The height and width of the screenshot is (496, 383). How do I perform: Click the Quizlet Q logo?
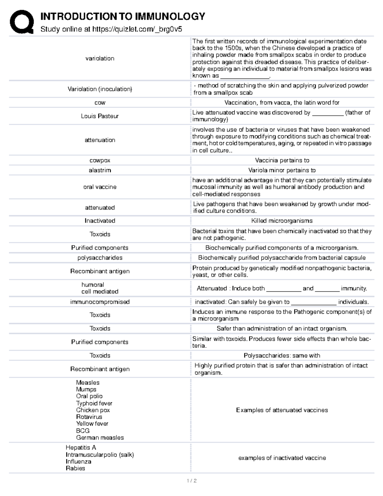tap(21, 21)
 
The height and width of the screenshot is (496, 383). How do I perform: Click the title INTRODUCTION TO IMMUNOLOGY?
tap(123, 16)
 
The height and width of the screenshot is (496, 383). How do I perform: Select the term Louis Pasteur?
tap(100, 116)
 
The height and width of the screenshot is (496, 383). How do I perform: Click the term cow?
tap(100, 103)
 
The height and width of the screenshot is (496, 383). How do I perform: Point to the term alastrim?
tap(100, 170)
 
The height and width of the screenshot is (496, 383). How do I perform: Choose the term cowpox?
tap(100, 160)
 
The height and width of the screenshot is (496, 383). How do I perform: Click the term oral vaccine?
tap(100, 187)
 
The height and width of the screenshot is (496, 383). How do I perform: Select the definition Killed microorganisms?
tap(282, 221)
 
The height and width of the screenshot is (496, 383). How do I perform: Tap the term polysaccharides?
tap(100, 258)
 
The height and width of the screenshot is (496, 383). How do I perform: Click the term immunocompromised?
tap(100, 302)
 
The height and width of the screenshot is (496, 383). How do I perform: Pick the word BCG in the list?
tap(83, 431)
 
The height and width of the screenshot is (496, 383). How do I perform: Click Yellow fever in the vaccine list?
tap(92, 424)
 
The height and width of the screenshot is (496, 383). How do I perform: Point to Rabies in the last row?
tap(75, 468)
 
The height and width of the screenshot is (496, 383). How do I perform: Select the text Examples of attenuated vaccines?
tap(282, 410)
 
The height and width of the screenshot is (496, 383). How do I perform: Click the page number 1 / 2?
tap(191, 481)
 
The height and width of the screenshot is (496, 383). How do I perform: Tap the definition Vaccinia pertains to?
tap(282, 160)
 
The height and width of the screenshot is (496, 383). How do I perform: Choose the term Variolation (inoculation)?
tap(100, 89)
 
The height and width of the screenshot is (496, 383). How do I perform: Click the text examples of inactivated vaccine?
tap(282, 458)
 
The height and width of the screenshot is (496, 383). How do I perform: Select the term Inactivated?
tap(100, 221)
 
